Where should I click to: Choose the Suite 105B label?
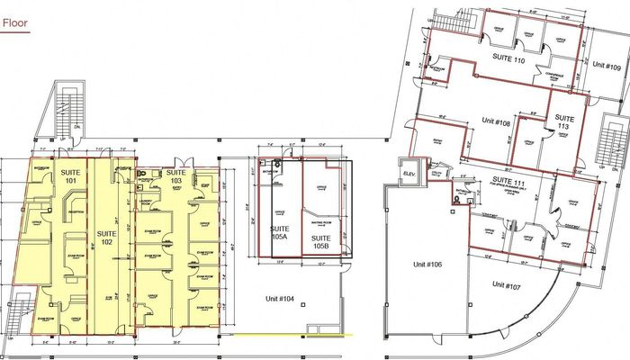coord(319,240)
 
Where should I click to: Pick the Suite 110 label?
coord(507,59)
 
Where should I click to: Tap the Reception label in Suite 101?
coord(64,215)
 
